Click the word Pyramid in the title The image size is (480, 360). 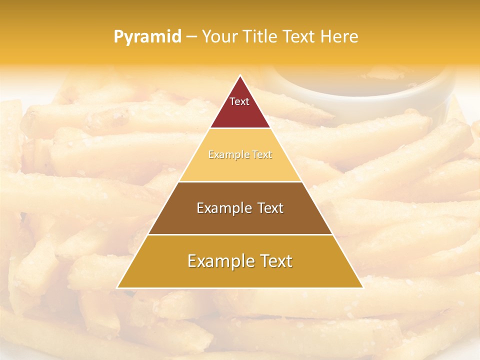point(147,37)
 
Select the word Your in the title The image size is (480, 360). point(219,36)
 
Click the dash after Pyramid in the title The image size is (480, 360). point(191,37)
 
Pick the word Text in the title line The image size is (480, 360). point(300,36)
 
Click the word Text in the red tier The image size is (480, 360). point(239,101)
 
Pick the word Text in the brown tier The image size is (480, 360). point(269,208)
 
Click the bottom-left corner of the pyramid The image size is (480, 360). point(117,288)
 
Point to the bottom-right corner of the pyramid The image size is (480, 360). point(363,288)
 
